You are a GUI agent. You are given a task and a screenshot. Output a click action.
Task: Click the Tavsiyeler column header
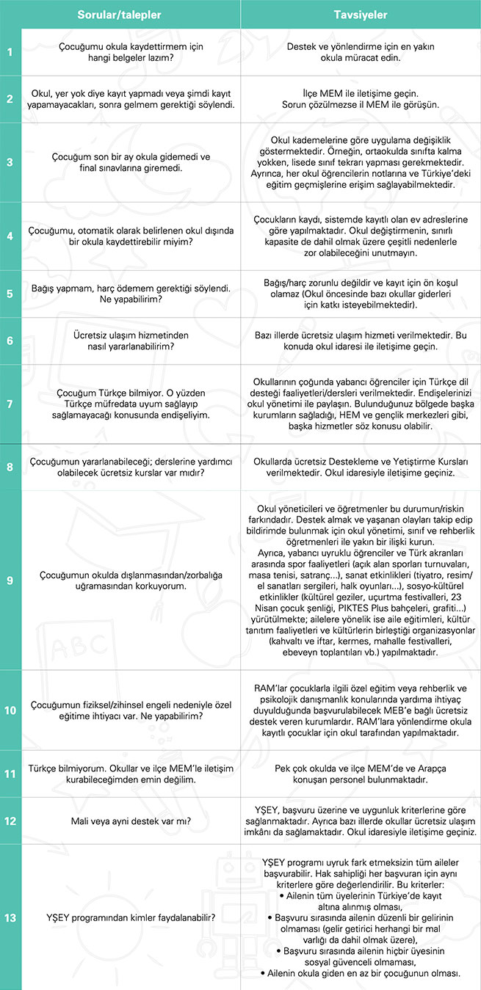coord(361,14)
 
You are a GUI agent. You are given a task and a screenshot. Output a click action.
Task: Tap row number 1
coord(10,52)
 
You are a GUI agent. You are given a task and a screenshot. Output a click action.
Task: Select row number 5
coord(10,294)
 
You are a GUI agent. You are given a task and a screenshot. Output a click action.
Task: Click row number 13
coord(10,917)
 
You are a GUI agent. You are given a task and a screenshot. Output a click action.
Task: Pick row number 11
coord(10,775)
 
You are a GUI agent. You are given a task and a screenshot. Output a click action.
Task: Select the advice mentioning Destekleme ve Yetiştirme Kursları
coord(361,468)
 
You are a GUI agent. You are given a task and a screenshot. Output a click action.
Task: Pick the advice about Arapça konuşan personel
coord(361,775)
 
